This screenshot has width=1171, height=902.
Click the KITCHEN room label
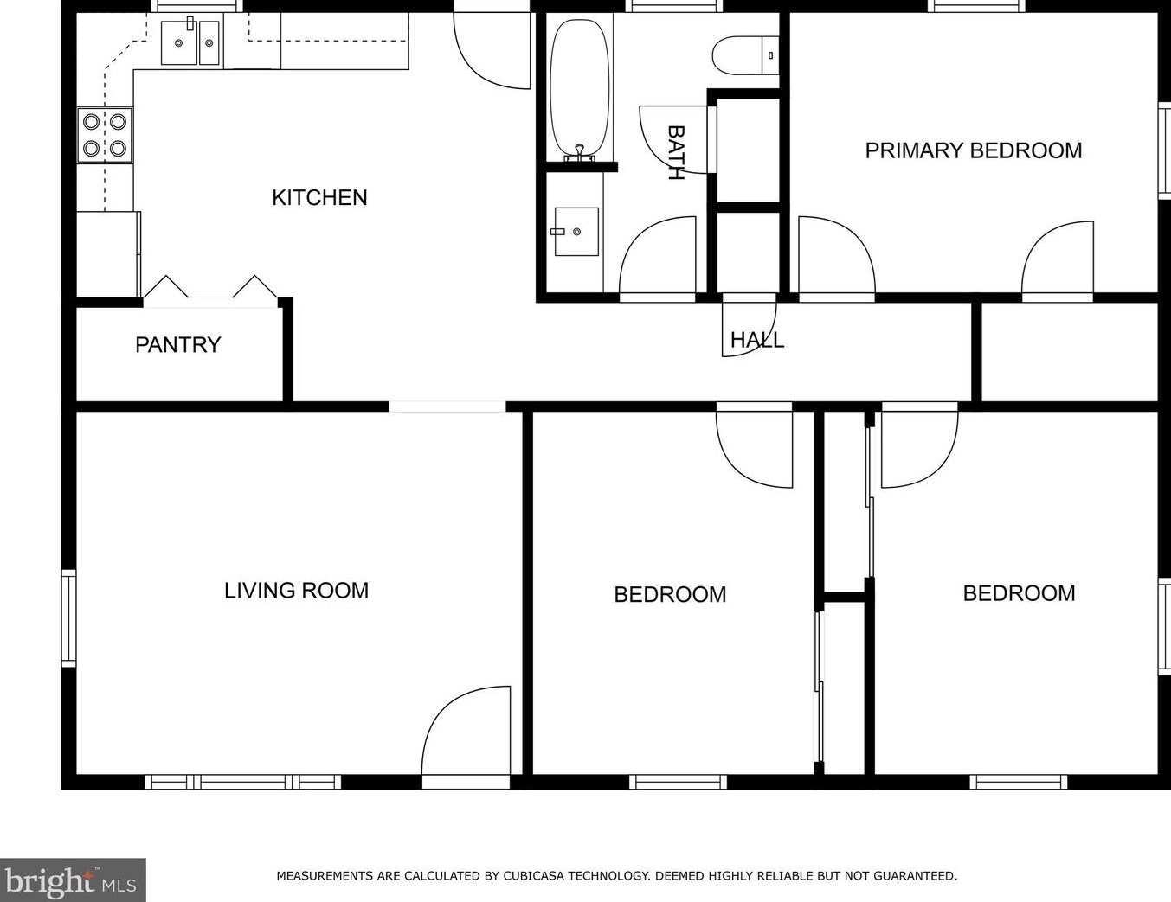pyautogui.click(x=319, y=198)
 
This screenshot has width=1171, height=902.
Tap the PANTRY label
pyautogui.click(x=177, y=345)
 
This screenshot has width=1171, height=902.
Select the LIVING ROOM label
pyautogui.click(x=296, y=590)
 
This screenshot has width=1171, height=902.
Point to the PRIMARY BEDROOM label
pyautogui.click(x=973, y=150)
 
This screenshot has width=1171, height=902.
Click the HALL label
pyautogui.click(x=757, y=340)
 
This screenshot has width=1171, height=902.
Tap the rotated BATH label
pyautogui.click(x=676, y=152)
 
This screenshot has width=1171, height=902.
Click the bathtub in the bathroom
pyautogui.click(x=580, y=89)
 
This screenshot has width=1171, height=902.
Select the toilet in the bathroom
pyautogui.click(x=745, y=55)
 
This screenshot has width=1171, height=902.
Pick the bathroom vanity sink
pyautogui.click(x=576, y=232)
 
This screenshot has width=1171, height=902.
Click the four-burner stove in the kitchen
pyautogui.click(x=105, y=135)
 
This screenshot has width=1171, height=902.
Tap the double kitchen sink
pyautogui.click(x=190, y=42)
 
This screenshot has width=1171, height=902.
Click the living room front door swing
pyautogui.click(x=466, y=730)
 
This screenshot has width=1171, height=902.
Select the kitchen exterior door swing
pyautogui.click(x=492, y=51)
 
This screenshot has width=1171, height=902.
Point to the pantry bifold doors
pyautogui.click(x=210, y=291)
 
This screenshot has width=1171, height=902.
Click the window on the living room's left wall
pyautogui.click(x=68, y=618)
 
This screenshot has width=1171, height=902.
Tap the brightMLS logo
pyautogui.click(x=72, y=880)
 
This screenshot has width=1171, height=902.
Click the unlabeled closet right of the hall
pyautogui.click(x=1069, y=352)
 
